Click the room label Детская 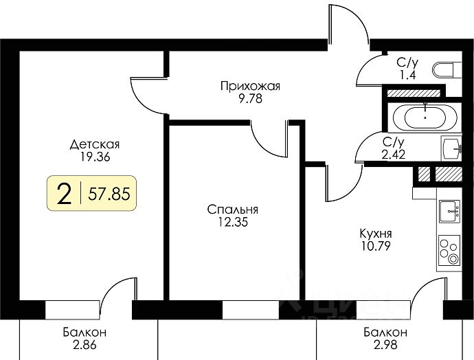(x=95, y=144)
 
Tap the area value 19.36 (x=95, y=156)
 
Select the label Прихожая (x=251, y=86)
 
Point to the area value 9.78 (x=251, y=98)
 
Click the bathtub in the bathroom (x=427, y=117)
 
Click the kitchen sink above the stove (x=451, y=211)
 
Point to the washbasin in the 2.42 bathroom (x=452, y=147)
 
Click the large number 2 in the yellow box (x=65, y=194)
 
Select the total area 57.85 (x=109, y=194)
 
